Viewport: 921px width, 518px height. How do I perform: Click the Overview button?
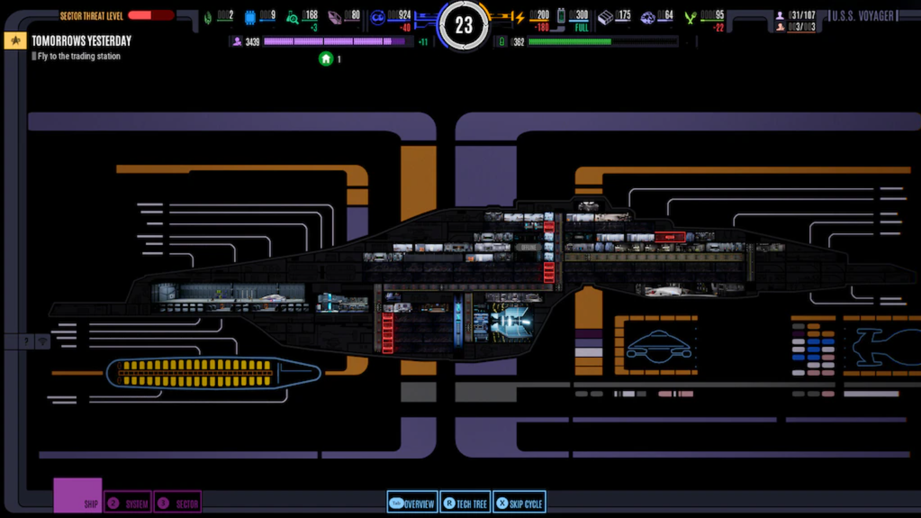412,503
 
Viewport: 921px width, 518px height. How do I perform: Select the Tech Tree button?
465,503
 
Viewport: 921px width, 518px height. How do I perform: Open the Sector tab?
178,503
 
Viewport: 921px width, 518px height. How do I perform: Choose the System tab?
128,503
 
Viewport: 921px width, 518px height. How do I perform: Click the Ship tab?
78,496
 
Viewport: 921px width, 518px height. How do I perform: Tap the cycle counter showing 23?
463,25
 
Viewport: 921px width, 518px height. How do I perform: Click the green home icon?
326,59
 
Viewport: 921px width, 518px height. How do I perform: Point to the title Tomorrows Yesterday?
81,41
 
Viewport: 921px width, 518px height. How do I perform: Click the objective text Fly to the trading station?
79,56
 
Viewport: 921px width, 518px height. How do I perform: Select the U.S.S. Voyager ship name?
862,16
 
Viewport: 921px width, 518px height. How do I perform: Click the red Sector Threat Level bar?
151,15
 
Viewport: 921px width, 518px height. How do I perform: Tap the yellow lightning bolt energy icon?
520,18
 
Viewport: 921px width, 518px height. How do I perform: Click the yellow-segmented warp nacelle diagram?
213,373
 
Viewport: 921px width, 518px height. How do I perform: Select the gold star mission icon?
15,41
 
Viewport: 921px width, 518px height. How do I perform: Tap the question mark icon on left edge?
26,342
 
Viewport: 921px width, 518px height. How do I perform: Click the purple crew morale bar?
334,42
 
